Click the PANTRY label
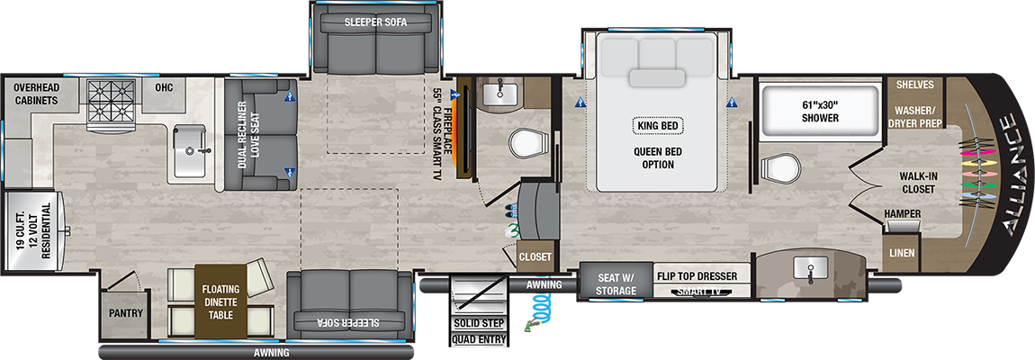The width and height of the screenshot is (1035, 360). coord(126,313)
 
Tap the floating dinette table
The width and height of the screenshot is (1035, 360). coord(220,302)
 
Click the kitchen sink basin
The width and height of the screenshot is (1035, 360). coord(193,150)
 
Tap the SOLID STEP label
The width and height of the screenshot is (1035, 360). coord(479,324)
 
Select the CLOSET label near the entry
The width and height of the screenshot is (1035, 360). coord(535,257)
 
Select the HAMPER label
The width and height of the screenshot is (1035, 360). coord(904,212)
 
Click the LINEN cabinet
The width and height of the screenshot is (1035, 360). coord(901,252)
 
